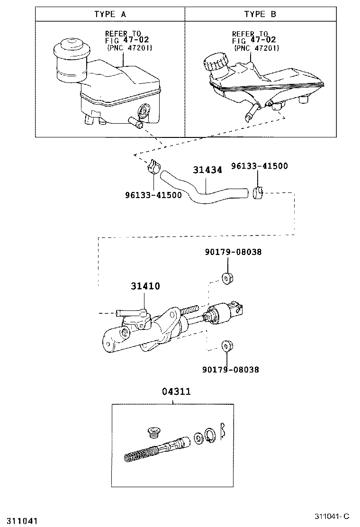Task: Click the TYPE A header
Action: pyautogui.click(x=110, y=14)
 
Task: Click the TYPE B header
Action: pyautogui.click(x=260, y=14)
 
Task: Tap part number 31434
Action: pyautogui.click(x=207, y=170)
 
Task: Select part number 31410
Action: pyautogui.click(x=145, y=286)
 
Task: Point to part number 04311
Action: pyautogui.click(x=176, y=391)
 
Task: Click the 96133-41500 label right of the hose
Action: pyautogui.click(x=259, y=166)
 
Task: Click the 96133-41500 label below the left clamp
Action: pyautogui.click(x=153, y=195)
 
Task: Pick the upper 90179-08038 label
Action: pyautogui.click(x=234, y=252)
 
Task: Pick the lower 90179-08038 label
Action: pyautogui.click(x=231, y=370)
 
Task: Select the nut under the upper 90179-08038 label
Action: pyautogui.click(x=227, y=278)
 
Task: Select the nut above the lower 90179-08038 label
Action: pyautogui.click(x=227, y=346)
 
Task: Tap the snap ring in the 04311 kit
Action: pyautogui.click(x=211, y=436)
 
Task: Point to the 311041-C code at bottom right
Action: pyautogui.click(x=332, y=516)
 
